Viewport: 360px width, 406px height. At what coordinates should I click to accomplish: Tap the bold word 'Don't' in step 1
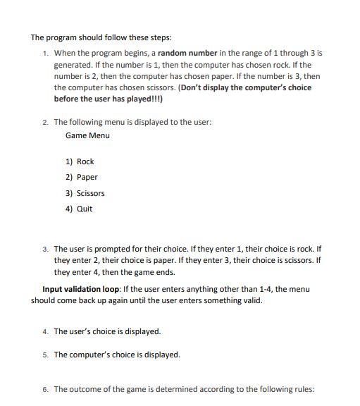tap(191, 87)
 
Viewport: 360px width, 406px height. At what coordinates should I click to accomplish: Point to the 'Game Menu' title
tap(87, 135)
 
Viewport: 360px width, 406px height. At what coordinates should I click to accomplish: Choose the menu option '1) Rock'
tap(80, 161)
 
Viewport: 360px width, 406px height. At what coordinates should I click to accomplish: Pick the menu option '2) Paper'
tap(82, 177)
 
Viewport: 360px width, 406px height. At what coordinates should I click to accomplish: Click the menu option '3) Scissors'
tap(85, 193)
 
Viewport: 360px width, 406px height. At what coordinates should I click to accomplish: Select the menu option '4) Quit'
tap(79, 209)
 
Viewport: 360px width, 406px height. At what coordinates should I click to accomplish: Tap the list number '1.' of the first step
tap(45, 54)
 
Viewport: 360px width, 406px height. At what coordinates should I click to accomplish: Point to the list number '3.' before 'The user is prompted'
tap(45, 250)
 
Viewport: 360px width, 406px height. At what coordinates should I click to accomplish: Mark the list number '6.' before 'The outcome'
tap(45, 389)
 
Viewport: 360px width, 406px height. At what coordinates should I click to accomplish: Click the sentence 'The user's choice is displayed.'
tap(107, 331)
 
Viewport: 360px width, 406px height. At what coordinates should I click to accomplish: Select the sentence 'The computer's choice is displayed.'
tap(117, 355)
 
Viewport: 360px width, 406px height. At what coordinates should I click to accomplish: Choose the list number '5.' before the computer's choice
tap(45, 355)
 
